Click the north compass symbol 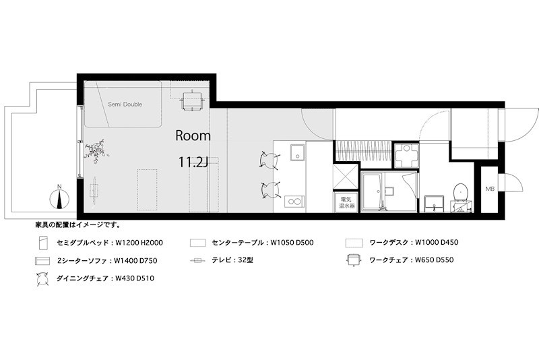pyautogui.click(x=60, y=200)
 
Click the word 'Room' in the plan pyautogui.click(x=193, y=136)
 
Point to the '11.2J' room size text pyautogui.click(x=194, y=162)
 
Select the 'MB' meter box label pyautogui.click(x=490, y=189)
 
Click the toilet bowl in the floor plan pyautogui.click(x=462, y=191)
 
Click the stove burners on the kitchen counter pyautogui.click(x=293, y=200)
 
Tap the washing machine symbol pyautogui.click(x=406, y=156)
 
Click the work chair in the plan pyautogui.click(x=191, y=98)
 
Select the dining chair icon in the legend pyautogui.click(x=42, y=277)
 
